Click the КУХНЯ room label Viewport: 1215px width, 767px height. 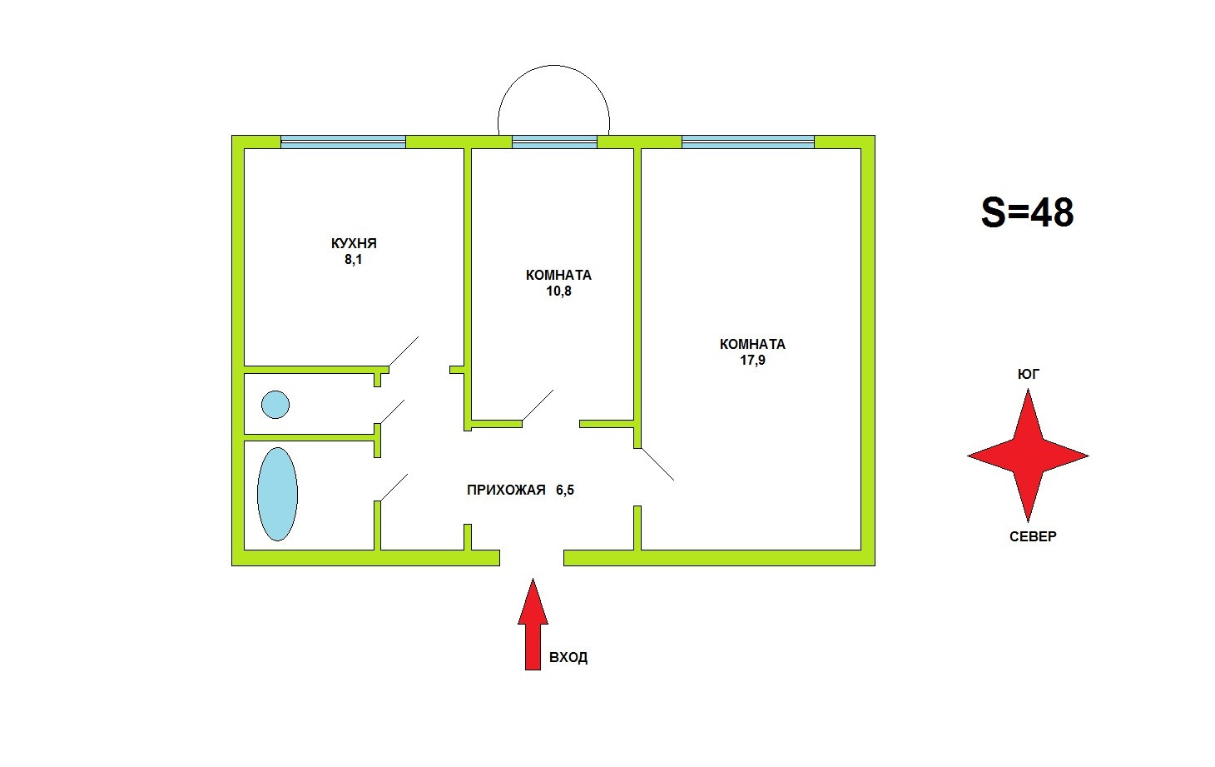tap(354, 243)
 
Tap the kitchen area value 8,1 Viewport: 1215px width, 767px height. tap(354, 260)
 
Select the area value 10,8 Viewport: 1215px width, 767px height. tap(558, 291)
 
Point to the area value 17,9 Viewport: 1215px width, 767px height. tap(752, 361)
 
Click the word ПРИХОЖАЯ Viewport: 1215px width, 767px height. tap(506, 491)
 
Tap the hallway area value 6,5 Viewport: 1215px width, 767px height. tap(565, 491)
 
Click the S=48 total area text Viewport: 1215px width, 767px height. tap(1027, 212)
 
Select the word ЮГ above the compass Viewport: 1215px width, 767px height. tap(1029, 375)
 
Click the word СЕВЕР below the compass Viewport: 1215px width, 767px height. tap(1033, 537)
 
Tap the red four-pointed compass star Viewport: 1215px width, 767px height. tap(1029, 456)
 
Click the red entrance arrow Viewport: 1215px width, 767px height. tap(533, 625)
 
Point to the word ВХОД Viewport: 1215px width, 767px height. tap(568, 658)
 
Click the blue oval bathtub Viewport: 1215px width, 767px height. tap(277, 494)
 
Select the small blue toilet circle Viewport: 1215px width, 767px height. tap(275, 405)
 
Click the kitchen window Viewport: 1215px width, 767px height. tap(343, 142)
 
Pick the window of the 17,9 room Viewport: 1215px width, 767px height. tap(747, 142)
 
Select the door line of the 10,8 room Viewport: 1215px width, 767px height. tap(537, 406)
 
